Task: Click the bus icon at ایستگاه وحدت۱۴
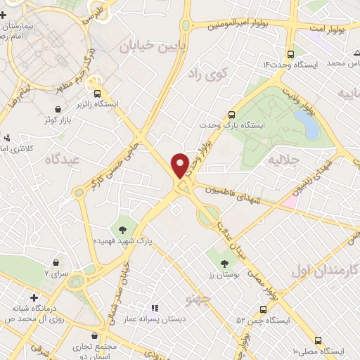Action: [291, 53]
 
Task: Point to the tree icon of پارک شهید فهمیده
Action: [124, 229]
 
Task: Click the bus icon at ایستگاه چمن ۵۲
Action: [263, 309]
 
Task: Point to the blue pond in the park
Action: [307, 124]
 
